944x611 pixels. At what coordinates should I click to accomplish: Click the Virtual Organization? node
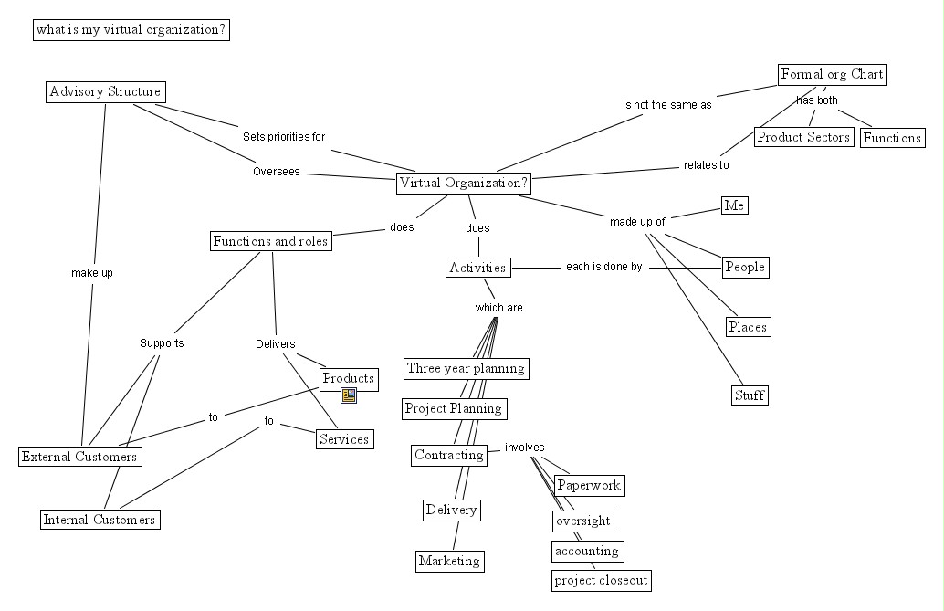tap(464, 184)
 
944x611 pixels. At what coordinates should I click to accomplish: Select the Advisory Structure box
tap(105, 92)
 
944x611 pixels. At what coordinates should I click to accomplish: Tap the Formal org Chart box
tap(832, 75)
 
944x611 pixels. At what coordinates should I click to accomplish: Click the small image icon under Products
tap(349, 395)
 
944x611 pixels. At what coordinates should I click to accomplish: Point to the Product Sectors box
tap(803, 137)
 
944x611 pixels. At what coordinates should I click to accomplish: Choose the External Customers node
tap(80, 457)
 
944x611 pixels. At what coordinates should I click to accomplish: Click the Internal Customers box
tap(100, 520)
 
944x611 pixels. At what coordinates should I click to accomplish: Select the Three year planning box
tap(466, 369)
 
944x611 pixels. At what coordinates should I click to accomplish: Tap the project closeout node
tap(602, 580)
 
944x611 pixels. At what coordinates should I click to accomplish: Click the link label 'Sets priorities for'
tap(284, 137)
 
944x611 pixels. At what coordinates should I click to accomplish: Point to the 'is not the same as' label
tap(666, 105)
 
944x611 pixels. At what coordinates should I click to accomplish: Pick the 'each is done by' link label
tap(603, 267)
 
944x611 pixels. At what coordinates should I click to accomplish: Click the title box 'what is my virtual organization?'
tap(131, 29)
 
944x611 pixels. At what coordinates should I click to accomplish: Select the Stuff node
tap(750, 395)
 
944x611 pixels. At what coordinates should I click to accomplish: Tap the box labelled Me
tap(735, 205)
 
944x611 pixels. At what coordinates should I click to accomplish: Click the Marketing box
tap(450, 561)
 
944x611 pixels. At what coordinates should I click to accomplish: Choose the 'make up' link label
tap(92, 273)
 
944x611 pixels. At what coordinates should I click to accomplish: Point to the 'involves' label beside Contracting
tap(524, 448)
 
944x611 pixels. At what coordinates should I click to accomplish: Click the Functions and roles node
tap(271, 241)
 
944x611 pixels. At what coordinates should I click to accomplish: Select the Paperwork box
tap(589, 486)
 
